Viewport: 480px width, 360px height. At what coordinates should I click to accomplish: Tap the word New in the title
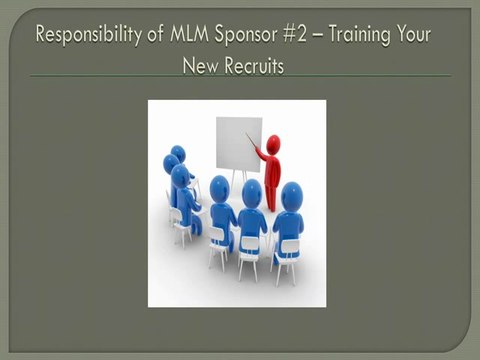pyautogui.click(x=199, y=64)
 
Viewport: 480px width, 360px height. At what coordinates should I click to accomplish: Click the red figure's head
pyautogui.click(x=272, y=143)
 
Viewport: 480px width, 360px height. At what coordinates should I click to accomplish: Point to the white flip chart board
pyautogui.click(x=238, y=143)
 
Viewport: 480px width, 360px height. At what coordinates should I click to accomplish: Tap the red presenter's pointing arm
pyautogui.click(x=259, y=155)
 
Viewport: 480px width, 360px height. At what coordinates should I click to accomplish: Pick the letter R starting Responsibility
pyautogui.click(x=41, y=35)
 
